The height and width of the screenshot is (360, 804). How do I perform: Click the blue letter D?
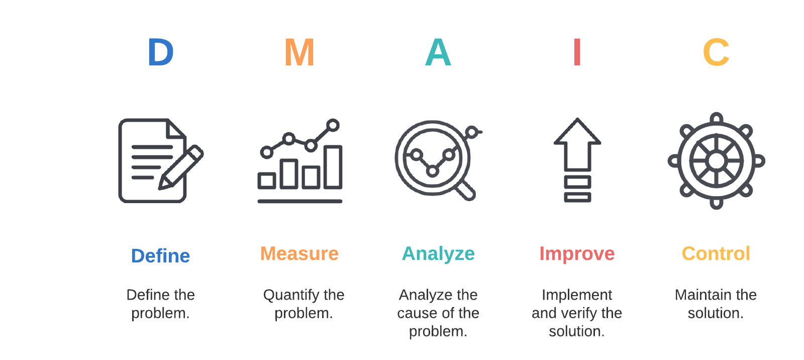click(160, 52)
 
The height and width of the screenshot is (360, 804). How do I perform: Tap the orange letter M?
click(299, 52)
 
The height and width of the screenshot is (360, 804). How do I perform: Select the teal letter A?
click(438, 52)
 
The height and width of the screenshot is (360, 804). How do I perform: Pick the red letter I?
click(577, 52)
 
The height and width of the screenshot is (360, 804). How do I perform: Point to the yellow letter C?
click(716, 52)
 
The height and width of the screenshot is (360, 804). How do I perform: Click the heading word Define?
click(160, 256)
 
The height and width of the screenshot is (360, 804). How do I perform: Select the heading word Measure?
click(299, 253)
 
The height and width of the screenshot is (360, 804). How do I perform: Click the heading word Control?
click(716, 253)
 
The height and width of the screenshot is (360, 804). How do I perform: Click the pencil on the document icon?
click(181, 167)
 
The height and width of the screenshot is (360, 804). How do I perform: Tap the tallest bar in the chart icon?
click(333, 167)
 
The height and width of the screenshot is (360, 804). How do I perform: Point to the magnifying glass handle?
click(466, 191)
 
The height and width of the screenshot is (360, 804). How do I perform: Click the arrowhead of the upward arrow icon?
click(577, 132)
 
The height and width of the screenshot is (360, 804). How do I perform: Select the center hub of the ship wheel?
click(717, 161)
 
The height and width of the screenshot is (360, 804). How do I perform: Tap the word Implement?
click(577, 295)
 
